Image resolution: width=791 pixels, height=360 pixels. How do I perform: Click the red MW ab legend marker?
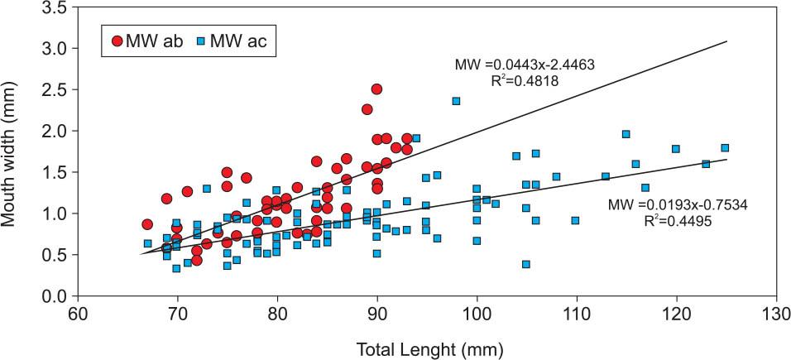point(117,40)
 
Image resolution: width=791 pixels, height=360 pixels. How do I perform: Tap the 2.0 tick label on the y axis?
point(52,131)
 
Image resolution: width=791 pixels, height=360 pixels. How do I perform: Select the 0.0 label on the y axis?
point(52,296)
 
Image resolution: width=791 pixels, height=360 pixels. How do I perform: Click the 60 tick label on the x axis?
point(77,315)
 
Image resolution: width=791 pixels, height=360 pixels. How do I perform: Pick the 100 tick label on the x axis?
point(477,315)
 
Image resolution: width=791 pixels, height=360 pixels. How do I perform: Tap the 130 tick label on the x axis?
point(776,315)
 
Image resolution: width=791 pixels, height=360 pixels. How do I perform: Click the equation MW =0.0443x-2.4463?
point(525,64)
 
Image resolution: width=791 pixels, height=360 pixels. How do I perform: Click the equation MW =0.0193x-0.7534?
point(677,204)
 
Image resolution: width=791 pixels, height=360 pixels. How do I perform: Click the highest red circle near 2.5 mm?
point(377,89)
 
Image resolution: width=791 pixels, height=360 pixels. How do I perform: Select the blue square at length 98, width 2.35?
point(456,101)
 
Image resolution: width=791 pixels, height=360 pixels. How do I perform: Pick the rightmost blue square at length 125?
point(725,148)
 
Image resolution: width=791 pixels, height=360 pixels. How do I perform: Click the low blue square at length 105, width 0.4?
point(526,264)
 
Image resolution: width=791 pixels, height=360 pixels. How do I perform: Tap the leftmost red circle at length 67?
point(147,224)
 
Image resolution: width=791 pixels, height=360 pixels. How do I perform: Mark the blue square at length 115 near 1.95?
point(626,134)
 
